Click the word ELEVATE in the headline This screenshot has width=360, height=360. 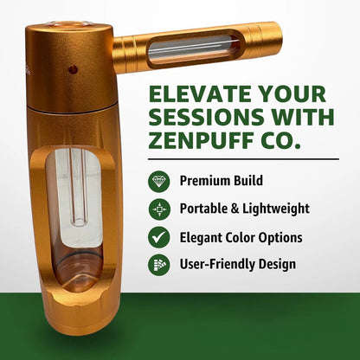(x=192, y=94)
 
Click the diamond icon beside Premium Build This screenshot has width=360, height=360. (x=158, y=181)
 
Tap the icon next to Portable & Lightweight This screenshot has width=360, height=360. (x=158, y=209)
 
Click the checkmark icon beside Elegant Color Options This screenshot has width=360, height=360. (x=158, y=236)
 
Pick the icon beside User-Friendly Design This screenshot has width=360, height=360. (x=158, y=264)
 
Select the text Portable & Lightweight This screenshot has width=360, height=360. (x=243, y=209)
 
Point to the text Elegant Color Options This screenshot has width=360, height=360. (x=241, y=236)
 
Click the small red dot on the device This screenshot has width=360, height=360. (x=73, y=69)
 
